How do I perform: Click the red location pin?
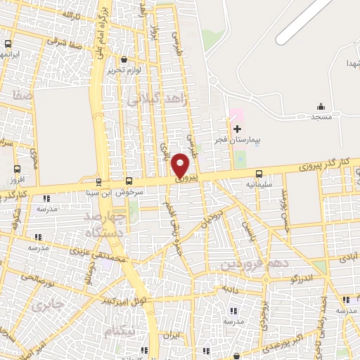[x=181, y=165]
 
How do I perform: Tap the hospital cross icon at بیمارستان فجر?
[x=237, y=129]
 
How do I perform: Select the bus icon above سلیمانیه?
[x=259, y=173]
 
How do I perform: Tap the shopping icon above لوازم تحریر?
[x=124, y=60]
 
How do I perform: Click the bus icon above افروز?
[x=18, y=169]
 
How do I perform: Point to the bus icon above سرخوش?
[x=129, y=181]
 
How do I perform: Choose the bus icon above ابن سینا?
[x=99, y=181]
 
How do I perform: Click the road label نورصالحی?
[x=38, y=280]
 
